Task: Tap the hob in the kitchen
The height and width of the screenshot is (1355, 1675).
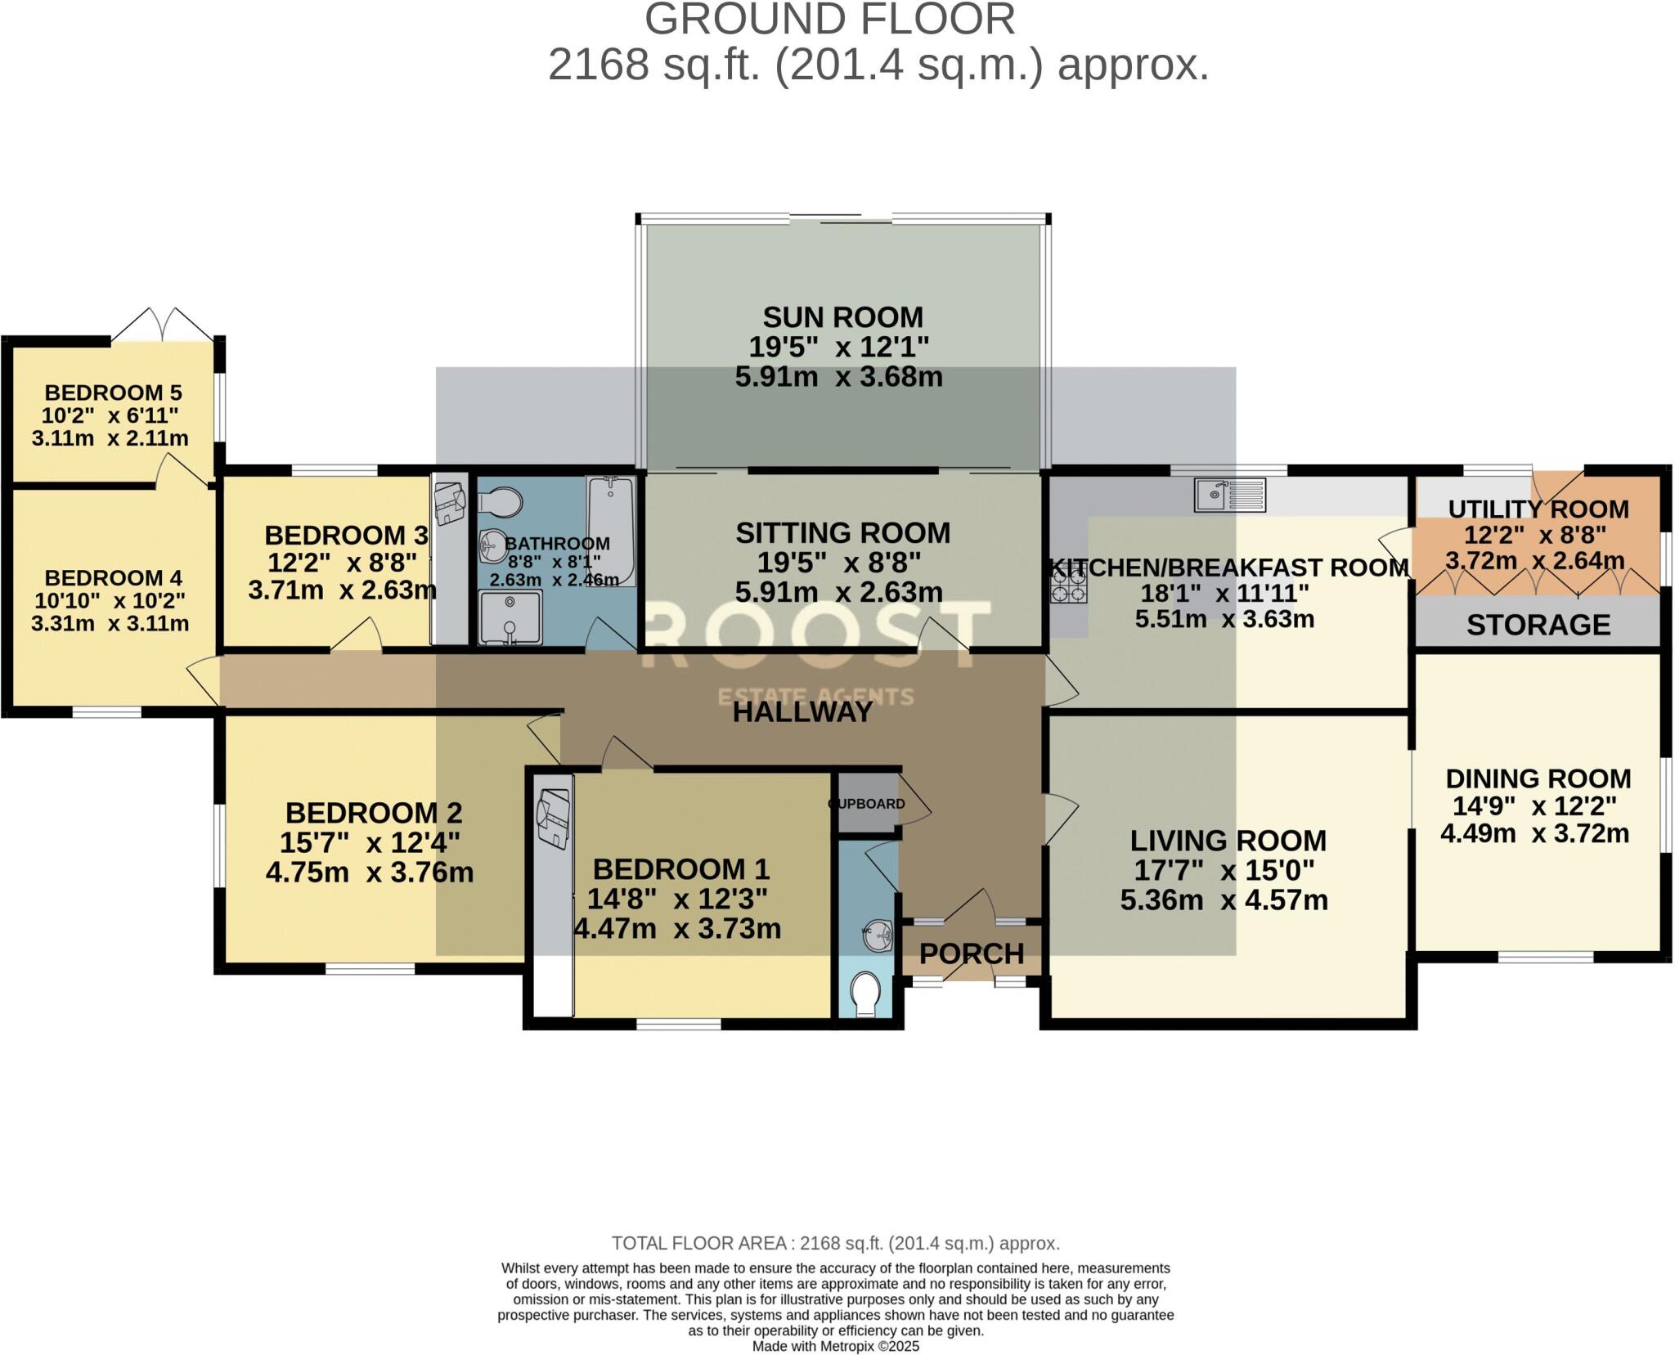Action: (1069, 585)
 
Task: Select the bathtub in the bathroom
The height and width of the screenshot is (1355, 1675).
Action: (611, 531)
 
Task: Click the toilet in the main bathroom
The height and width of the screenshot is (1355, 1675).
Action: (500, 502)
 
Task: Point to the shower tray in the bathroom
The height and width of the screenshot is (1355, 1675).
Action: (510, 617)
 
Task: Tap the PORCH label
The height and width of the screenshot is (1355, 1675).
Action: (971, 953)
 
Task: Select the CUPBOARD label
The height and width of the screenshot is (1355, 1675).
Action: (867, 804)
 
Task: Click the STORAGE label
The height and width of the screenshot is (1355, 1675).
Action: (1538, 625)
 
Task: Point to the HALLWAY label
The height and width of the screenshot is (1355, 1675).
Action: (802, 712)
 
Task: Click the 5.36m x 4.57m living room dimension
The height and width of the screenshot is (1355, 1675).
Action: (1224, 900)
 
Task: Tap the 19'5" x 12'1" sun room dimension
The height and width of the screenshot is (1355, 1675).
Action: (839, 347)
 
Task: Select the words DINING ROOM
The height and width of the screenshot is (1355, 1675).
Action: (1538, 778)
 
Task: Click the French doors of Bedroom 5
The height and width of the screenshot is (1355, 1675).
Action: (163, 325)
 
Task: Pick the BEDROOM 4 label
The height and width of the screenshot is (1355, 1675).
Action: (113, 578)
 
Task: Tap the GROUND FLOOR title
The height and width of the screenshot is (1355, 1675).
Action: (829, 20)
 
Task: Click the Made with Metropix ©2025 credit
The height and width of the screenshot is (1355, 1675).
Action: (835, 1346)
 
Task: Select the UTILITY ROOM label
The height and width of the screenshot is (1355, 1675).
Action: (1538, 509)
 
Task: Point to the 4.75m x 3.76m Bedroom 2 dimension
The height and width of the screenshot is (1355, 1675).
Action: (370, 873)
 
